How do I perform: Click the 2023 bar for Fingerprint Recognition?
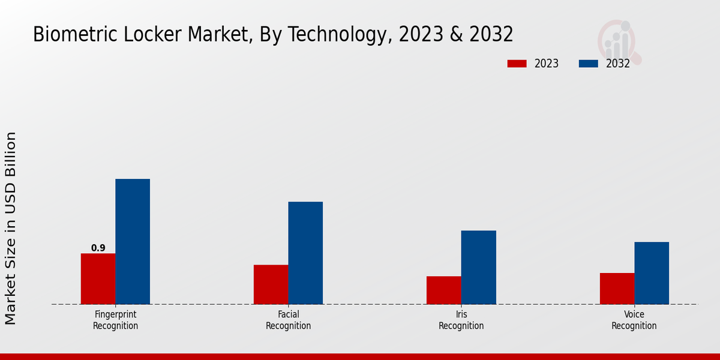click(98, 278)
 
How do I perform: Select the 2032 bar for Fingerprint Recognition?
click(133, 241)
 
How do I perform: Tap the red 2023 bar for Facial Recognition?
click(271, 284)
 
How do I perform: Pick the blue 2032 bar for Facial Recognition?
click(305, 253)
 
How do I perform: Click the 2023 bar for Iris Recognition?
click(444, 290)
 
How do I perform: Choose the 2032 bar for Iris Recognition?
click(479, 267)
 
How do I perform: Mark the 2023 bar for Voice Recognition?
click(617, 289)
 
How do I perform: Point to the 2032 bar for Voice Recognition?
click(652, 273)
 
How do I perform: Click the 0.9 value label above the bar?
click(98, 248)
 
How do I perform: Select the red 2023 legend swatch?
click(517, 64)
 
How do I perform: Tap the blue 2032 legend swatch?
click(588, 64)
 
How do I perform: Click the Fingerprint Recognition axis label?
click(115, 320)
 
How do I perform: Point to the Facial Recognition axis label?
click(288, 320)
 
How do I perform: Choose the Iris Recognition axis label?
click(461, 320)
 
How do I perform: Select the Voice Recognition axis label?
click(634, 320)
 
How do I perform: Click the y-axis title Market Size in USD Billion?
click(11, 228)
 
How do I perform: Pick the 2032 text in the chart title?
click(490, 35)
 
